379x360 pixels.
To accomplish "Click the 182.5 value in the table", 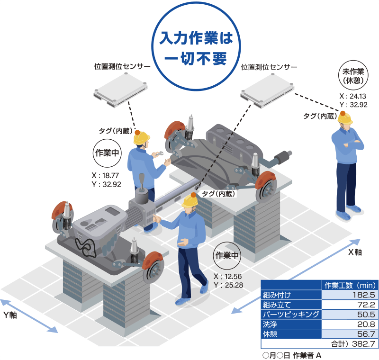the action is click(363, 295).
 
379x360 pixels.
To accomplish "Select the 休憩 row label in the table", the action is click(270, 334).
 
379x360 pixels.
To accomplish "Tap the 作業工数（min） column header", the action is click(350, 285).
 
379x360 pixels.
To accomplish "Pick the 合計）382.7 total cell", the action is click(353, 343).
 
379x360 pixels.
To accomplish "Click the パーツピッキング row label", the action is click(291, 315).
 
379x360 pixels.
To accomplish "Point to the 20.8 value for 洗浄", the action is click(366, 324).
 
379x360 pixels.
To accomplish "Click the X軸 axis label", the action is click(355, 252).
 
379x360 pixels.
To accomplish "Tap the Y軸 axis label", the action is click(10, 315).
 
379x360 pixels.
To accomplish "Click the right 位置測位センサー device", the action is click(267, 90).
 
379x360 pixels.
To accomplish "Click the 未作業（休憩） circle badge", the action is click(353, 75).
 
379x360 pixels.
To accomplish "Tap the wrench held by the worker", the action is click(158, 153).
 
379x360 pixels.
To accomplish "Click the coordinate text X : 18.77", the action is click(105, 175).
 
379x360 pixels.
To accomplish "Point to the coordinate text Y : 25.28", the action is click(228, 285).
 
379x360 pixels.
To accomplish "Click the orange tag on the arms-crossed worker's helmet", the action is click(343, 113).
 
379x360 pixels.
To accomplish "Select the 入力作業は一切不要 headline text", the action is click(196, 48).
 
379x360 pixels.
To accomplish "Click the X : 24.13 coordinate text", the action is click(352, 96).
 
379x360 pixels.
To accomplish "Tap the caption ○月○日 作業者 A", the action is click(292, 355).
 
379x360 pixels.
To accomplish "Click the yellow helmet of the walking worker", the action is click(190, 200).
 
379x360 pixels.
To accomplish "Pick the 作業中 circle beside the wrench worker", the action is click(107, 153).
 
